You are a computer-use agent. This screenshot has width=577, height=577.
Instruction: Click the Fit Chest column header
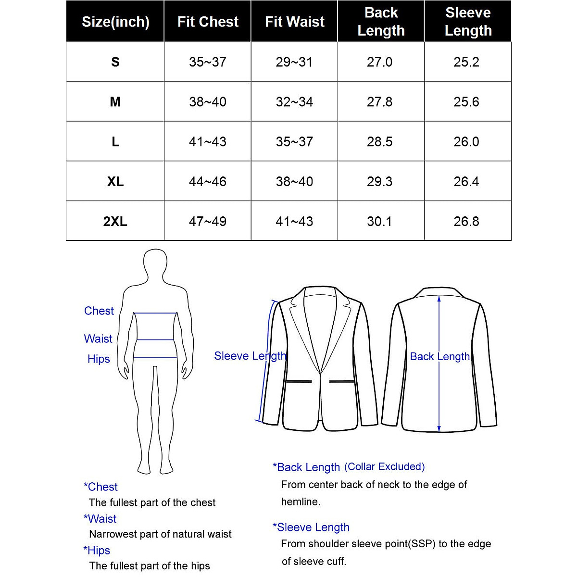(x=208, y=22)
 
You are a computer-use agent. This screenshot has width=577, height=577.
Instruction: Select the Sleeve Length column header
(x=468, y=22)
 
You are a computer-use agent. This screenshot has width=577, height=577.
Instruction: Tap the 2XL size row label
(x=115, y=221)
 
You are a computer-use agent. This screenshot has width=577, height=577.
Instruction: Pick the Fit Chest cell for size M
(x=208, y=102)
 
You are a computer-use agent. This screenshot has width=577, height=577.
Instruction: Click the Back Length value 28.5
(x=380, y=142)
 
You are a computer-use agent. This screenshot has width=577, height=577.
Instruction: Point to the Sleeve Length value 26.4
(x=466, y=182)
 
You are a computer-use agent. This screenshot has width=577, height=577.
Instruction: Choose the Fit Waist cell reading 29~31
(x=294, y=62)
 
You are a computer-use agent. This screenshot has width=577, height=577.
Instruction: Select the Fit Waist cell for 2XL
(x=294, y=221)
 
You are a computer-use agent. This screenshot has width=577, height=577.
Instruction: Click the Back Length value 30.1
(x=380, y=221)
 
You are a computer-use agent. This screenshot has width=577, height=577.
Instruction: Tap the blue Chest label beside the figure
(x=99, y=311)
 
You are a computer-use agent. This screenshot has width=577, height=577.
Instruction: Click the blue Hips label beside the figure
(x=99, y=359)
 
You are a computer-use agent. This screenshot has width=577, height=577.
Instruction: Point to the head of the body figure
(x=155, y=263)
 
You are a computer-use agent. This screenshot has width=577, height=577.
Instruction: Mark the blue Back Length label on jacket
(x=440, y=357)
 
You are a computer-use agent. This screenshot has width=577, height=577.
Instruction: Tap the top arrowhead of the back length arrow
(x=439, y=299)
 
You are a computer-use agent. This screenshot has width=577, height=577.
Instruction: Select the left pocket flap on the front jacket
(x=299, y=381)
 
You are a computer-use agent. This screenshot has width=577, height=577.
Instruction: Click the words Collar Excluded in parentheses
(x=385, y=466)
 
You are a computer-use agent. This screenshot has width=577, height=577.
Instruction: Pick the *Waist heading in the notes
(x=100, y=519)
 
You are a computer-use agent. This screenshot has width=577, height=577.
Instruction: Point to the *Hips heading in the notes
(x=97, y=551)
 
